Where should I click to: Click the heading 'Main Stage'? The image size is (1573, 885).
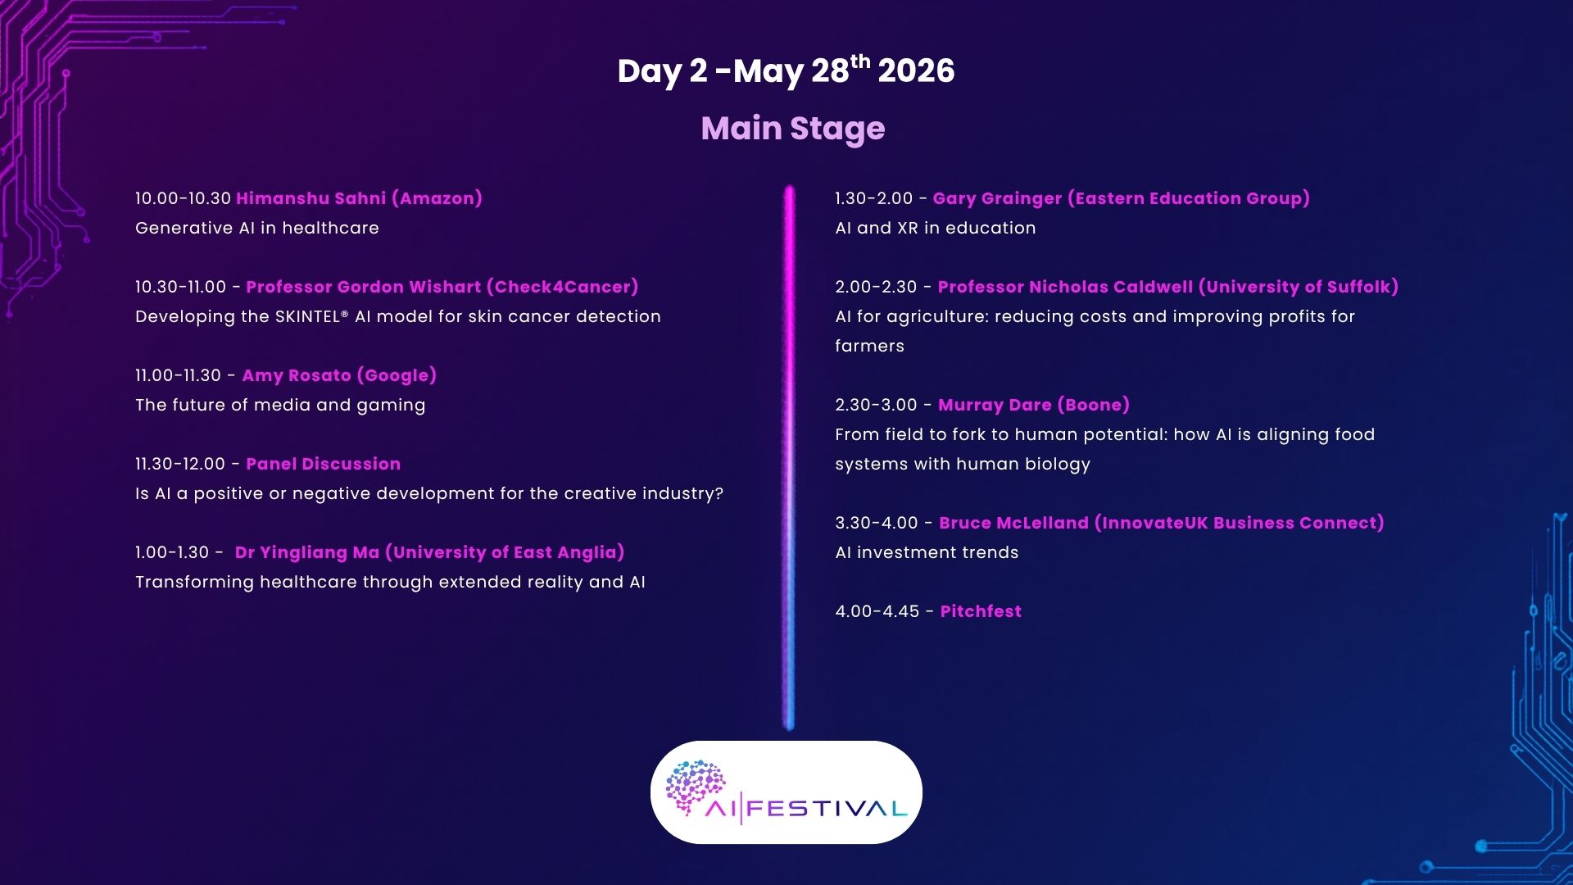pos(792,129)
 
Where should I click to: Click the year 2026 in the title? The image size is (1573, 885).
pos(916,71)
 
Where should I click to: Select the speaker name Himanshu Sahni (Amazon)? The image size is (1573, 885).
pos(359,198)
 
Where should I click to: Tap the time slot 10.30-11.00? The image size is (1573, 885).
pos(180,287)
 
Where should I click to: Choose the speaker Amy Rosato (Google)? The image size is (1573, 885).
pos(339,375)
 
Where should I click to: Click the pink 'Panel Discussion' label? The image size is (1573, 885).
pos(323,464)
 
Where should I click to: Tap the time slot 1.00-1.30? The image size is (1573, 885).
pos(172,552)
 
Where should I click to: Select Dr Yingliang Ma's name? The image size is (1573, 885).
pos(429,552)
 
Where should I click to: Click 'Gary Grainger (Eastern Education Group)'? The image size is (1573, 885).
pos(1121,198)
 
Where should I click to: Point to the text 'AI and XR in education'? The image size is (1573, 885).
pos(936,228)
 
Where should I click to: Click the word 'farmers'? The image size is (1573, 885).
pos(869,346)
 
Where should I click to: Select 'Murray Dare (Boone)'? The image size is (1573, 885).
pos(1034,405)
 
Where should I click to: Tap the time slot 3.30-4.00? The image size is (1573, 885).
pos(877,523)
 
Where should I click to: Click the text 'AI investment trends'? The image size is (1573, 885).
pos(927,552)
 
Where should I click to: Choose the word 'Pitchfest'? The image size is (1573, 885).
pos(981,611)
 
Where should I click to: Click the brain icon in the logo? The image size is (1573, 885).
pos(695,785)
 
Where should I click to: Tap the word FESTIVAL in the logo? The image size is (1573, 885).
pos(827,810)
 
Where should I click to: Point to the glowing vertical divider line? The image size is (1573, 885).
pos(789,457)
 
